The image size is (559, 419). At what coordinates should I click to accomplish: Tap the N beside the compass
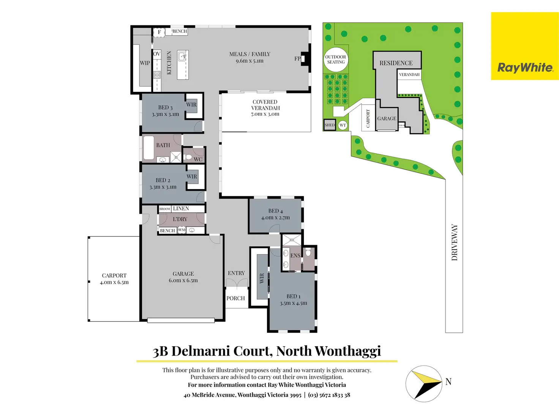(448, 381)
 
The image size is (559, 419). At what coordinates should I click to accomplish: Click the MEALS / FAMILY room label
(249, 54)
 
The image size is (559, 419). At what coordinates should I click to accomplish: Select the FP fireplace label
(297, 59)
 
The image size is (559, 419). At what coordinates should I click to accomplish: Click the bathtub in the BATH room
(148, 148)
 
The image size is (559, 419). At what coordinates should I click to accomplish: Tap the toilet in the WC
(188, 157)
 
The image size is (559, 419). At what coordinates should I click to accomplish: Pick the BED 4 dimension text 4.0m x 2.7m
(275, 218)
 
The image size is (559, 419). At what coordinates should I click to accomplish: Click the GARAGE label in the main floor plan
(183, 274)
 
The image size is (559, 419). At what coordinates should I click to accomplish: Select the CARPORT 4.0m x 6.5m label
(114, 279)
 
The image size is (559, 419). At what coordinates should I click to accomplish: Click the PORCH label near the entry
(235, 298)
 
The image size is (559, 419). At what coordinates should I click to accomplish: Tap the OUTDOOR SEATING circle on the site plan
(336, 60)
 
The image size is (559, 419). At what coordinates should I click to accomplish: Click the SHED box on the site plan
(330, 125)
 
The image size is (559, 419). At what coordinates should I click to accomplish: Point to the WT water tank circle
(343, 125)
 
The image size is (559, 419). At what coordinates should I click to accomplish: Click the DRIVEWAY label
(454, 243)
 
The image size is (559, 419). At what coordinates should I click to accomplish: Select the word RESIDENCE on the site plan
(396, 63)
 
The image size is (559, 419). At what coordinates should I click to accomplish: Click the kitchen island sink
(182, 57)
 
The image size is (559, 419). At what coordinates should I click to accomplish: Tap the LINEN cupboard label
(181, 209)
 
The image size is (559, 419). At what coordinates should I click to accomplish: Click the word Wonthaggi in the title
(348, 351)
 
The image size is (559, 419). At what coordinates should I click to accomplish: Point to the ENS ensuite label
(295, 256)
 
